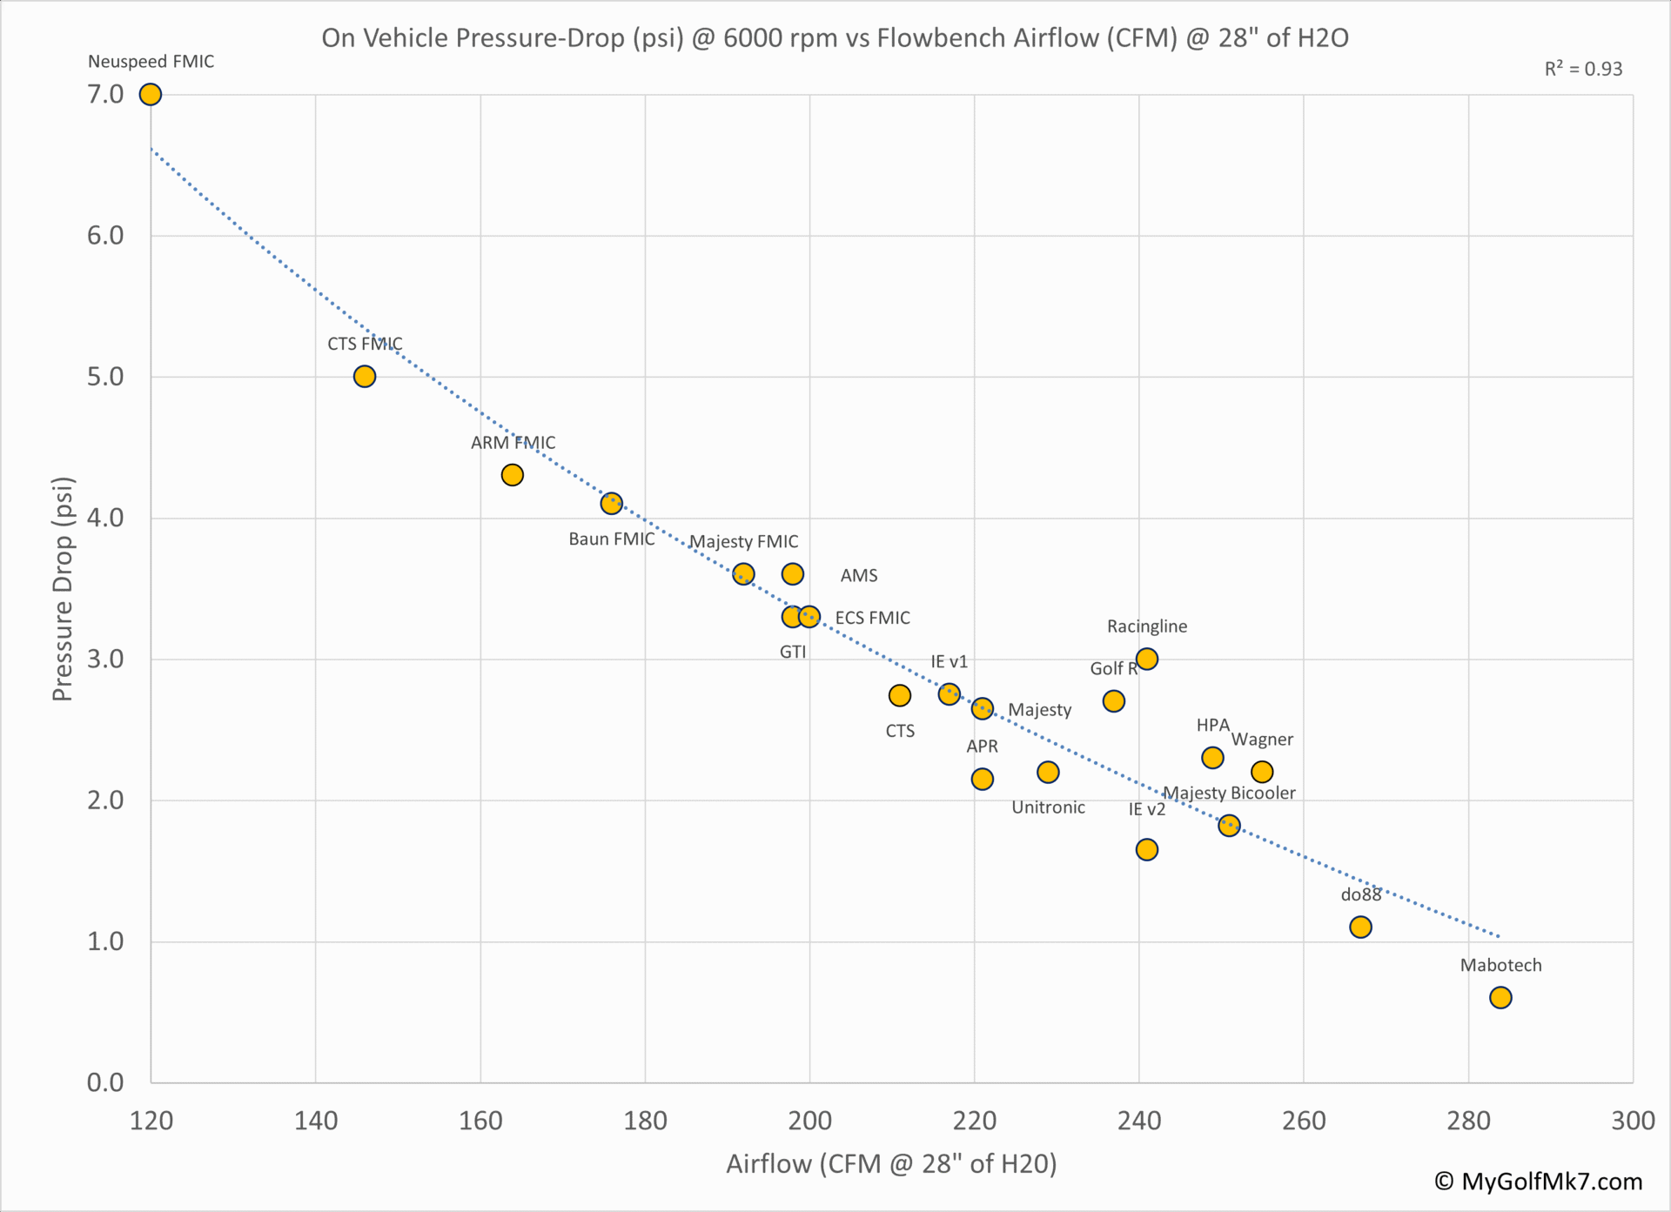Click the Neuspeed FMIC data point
tap(151, 94)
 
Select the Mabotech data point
tap(1500, 997)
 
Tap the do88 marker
tap(1360, 927)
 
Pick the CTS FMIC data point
tap(365, 376)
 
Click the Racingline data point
tap(1147, 659)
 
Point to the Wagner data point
tap(1262, 772)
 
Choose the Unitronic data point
tap(1048, 772)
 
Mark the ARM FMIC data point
tap(513, 475)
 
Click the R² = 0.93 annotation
tap(1583, 70)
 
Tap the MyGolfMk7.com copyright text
tap(1539, 1181)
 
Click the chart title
tap(835, 38)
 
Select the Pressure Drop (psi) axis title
tap(63, 589)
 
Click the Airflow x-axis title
tap(891, 1163)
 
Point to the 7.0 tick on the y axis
tap(105, 94)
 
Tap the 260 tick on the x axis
tap(1304, 1120)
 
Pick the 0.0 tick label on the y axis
tap(105, 1082)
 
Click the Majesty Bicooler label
tap(1229, 793)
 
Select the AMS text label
tap(859, 575)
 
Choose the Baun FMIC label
tap(612, 539)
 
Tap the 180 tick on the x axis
tap(645, 1120)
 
